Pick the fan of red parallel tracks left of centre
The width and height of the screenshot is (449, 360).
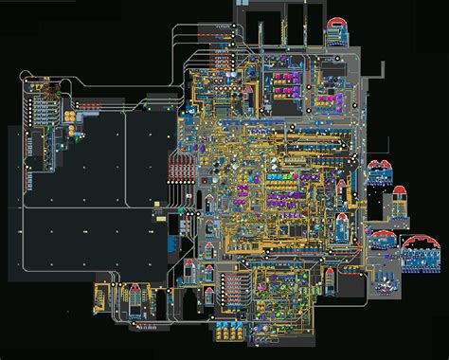pyautogui.click(x=181, y=171)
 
